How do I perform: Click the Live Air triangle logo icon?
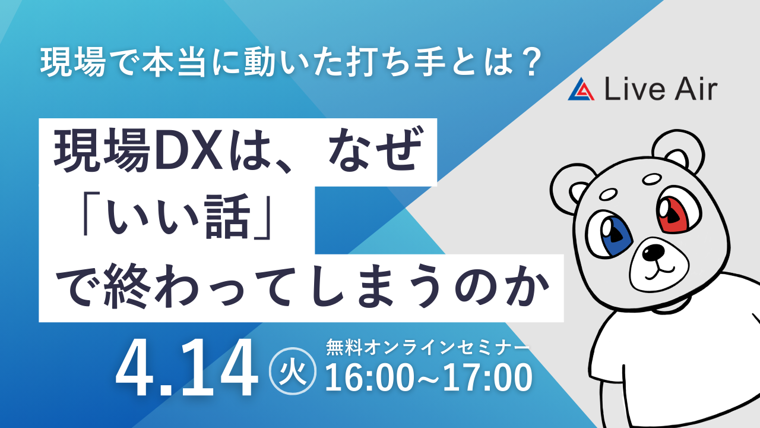point(581,89)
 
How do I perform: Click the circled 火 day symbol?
point(293,371)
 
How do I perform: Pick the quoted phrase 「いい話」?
point(177,215)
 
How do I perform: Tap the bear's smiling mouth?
point(659,272)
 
